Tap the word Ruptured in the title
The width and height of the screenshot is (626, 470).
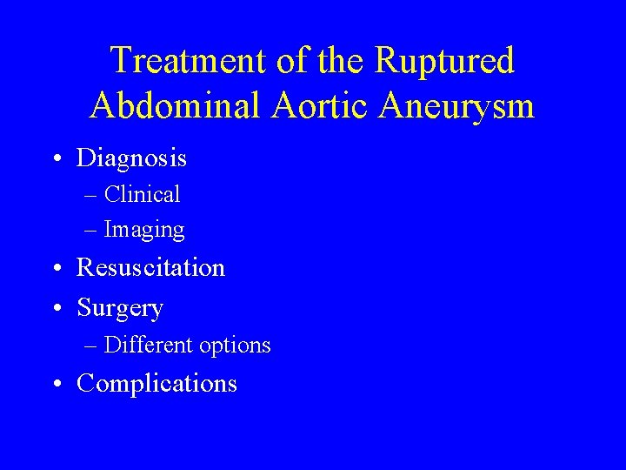click(x=444, y=61)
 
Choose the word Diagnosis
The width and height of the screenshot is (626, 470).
click(x=131, y=158)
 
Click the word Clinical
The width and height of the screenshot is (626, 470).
click(x=142, y=194)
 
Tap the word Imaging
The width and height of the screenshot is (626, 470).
click(x=144, y=231)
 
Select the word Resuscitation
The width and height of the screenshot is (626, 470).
click(x=151, y=267)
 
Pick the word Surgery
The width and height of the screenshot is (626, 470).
click(x=120, y=308)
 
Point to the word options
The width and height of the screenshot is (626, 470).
click(x=235, y=346)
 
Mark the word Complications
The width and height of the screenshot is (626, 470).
click(x=157, y=384)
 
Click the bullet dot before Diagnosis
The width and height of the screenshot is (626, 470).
click(x=56, y=160)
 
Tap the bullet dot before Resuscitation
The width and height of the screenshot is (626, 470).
click(x=56, y=269)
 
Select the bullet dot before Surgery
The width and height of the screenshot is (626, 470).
click(x=56, y=309)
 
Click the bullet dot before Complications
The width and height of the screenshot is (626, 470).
click(x=56, y=385)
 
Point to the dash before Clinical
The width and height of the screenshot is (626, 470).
click(x=91, y=196)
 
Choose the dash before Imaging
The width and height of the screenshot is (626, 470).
click(x=91, y=232)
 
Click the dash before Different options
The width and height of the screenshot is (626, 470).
click(x=91, y=346)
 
